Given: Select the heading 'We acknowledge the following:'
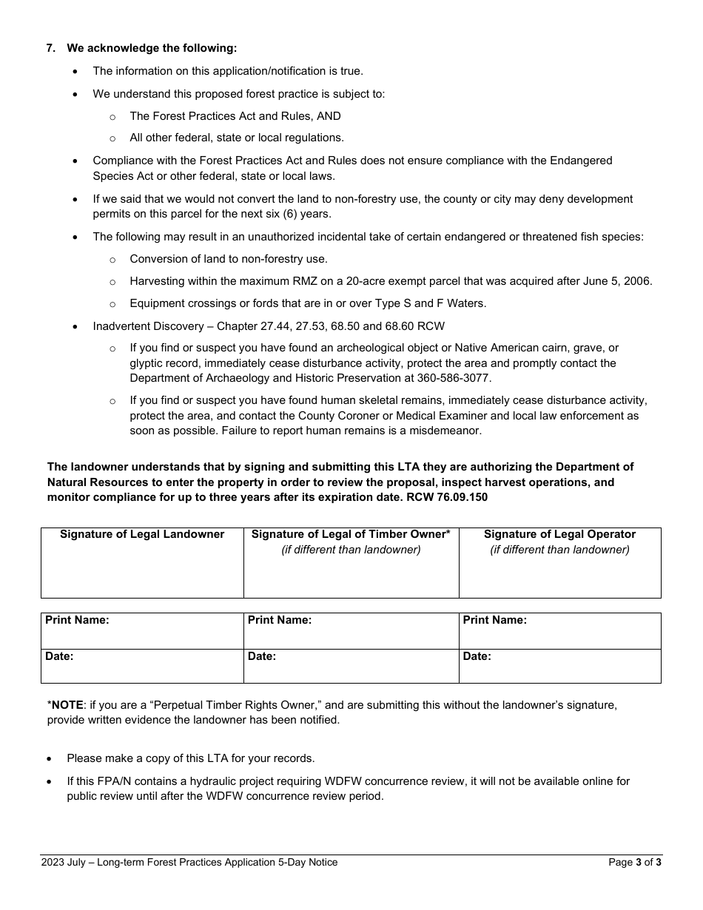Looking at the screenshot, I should (x=152, y=48).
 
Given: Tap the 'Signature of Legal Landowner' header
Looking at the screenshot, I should (x=142, y=534).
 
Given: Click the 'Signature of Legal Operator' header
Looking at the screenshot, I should (x=559, y=534).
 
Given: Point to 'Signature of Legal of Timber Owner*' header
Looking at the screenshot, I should (x=351, y=534).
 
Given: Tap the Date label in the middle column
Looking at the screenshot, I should (x=262, y=656).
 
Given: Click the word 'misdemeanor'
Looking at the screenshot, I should (x=448, y=431).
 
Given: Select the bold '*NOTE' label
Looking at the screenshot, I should (x=65, y=705).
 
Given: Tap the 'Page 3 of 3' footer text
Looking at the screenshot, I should (x=635, y=862).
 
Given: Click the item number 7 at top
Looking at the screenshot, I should (x=50, y=48).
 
